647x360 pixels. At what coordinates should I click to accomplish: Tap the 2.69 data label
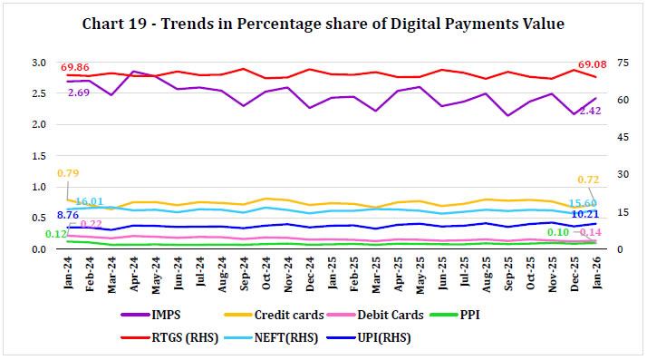80,92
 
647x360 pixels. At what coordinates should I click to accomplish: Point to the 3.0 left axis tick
37,63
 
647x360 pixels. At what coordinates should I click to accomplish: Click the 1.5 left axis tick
37,155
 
